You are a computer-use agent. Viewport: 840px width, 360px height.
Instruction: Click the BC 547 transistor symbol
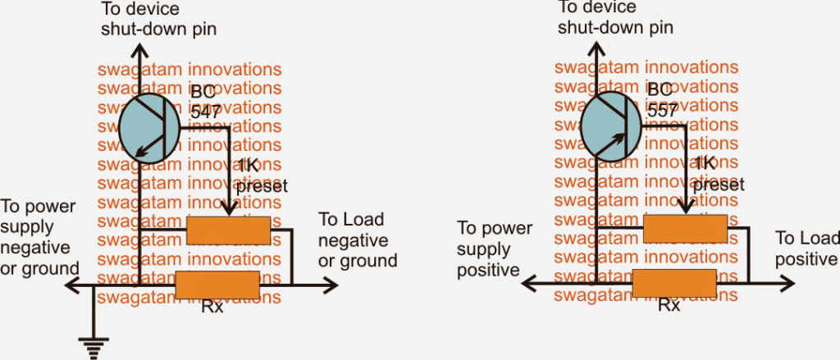pos(148,128)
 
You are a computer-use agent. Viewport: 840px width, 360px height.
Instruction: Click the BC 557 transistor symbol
pos(608,128)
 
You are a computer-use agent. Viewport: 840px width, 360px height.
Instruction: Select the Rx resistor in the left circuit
pos(218,285)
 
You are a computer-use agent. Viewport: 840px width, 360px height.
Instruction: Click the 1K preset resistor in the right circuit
pos(686,229)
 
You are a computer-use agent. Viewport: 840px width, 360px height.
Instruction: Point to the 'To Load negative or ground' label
pos(357,240)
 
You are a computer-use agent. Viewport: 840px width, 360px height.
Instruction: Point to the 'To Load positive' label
pos(807,248)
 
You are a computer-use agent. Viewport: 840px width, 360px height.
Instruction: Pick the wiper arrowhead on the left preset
pos(227,212)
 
